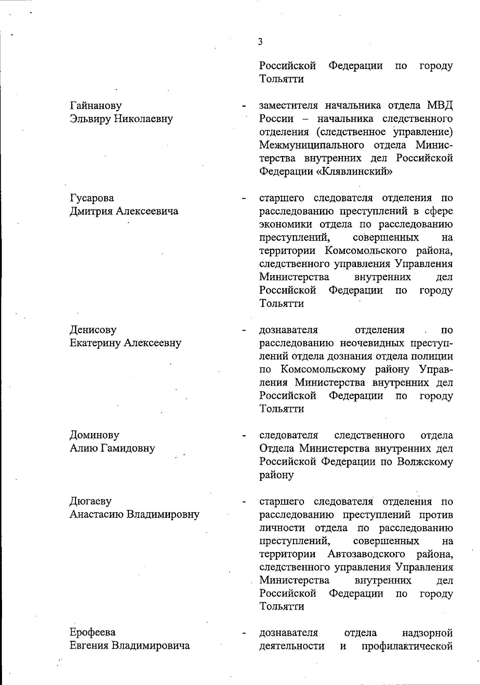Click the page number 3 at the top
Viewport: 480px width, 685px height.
(260, 42)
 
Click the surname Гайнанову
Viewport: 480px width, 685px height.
(96, 106)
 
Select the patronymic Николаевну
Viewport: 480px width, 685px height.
(144, 119)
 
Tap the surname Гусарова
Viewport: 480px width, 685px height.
(92, 198)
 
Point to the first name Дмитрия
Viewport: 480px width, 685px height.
(91, 211)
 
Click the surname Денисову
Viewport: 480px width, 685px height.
(93, 330)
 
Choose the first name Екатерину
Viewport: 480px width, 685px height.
(95, 343)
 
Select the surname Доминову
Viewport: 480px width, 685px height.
(94, 435)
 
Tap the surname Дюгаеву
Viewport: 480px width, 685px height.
(91, 501)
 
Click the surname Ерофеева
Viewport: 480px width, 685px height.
(93, 633)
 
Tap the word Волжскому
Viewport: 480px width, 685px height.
(425, 462)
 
